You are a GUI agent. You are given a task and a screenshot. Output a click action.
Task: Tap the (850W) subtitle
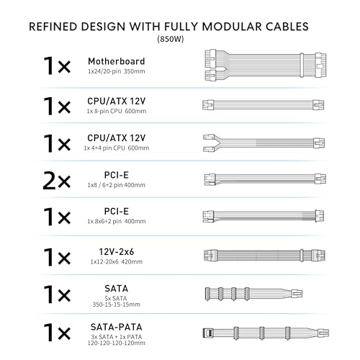tap(171, 39)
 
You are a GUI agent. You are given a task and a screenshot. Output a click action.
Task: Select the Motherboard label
tap(117, 61)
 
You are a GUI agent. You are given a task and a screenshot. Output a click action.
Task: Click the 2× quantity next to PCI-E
tap(57, 181)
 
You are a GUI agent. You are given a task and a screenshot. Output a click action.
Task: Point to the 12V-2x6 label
tap(117, 252)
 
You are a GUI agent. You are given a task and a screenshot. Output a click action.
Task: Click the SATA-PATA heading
tap(117, 327)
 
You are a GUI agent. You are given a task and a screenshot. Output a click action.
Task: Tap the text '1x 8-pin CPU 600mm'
tap(117, 111)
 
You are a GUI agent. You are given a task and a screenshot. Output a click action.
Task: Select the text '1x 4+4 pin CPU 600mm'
tap(117, 148)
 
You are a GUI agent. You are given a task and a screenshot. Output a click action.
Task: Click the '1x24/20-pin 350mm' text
tap(117, 71)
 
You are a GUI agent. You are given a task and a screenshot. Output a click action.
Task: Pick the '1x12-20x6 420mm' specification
tap(117, 261)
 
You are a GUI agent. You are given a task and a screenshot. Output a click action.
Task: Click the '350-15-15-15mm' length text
tap(117, 305)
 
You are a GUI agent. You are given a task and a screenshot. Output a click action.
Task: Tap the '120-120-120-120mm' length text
tap(117, 343)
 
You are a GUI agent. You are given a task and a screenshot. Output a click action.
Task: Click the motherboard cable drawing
tap(266, 65)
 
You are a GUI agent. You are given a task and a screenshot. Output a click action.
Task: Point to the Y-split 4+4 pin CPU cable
tap(264, 143)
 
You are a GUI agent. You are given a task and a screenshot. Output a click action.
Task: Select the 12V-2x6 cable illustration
tap(264, 255)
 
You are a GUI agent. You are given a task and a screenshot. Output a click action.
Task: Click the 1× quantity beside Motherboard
tap(57, 66)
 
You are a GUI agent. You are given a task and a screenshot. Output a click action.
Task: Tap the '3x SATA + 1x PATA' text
tap(117, 337)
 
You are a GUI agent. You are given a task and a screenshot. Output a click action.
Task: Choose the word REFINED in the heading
tap(53, 27)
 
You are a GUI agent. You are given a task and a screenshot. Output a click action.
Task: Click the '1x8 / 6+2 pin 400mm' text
tap(117, 185)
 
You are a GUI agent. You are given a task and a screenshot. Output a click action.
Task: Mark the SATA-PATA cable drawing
tap(266, 333)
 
